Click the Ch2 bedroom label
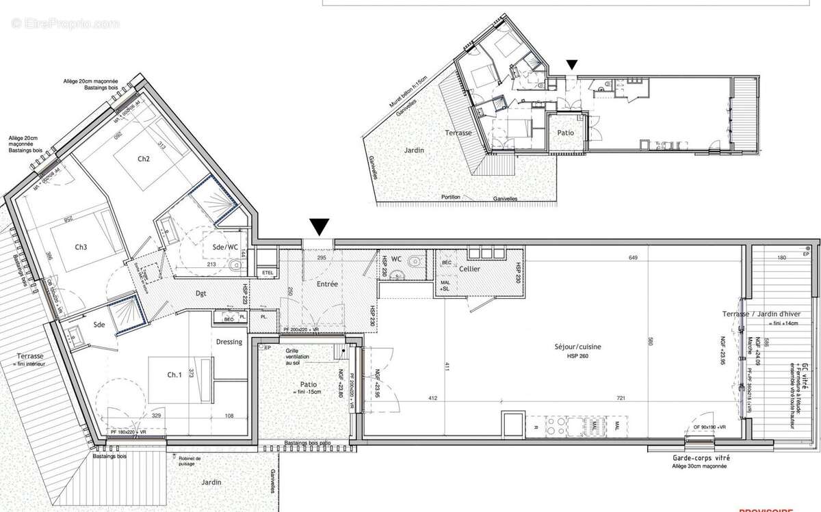pyautogui.click(x=143, y=159)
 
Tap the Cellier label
pyautogui.click(x=469, y=269)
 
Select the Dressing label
pyautogui.click(x=229, y=342)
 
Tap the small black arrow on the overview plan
pyautogui.click(x=572, y=65)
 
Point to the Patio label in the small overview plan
pyautogui.click(x=565, y=132)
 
